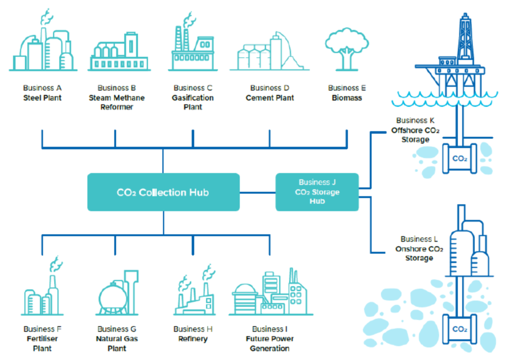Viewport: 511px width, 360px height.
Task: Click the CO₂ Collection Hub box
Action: point(163,192)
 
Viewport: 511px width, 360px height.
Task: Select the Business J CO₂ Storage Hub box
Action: point(317,192)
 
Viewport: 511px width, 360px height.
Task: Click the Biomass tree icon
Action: point(347,49)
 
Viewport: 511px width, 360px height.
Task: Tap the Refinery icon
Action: point(195,290)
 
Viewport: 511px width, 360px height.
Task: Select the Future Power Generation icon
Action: point(270,292)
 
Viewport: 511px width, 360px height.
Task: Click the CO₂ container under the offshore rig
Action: point(460,158)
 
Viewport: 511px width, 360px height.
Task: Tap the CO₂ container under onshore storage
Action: point(460,329)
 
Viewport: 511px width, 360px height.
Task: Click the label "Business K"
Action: point(415,120)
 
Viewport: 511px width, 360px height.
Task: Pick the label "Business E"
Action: point(347,88)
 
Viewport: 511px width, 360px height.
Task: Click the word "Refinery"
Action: point(193,339)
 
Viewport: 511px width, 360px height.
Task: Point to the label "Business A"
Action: point(43,88)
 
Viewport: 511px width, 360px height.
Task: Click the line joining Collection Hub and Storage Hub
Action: point(258,193)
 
